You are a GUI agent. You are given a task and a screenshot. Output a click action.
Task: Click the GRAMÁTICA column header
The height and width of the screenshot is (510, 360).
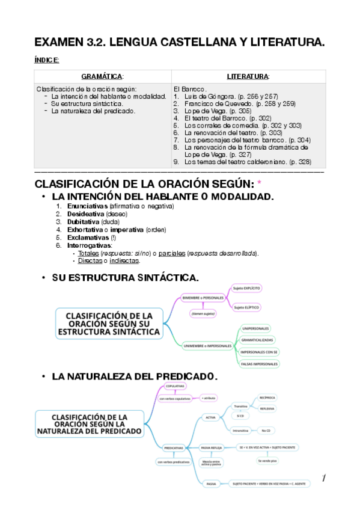pyautogui.click(x=102, y=76)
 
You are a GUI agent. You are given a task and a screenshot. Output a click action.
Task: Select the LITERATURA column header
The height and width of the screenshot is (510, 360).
pyautogui.click(x=248, y=76)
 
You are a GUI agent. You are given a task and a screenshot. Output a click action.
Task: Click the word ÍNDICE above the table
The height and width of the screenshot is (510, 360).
pyautogui.click(x=47, y=60)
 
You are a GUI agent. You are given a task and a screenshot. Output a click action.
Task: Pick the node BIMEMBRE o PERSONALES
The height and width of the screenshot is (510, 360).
pyautogui.click(x=203, y=298)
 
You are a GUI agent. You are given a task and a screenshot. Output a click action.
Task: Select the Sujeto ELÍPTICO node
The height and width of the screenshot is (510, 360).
pyautogui.click(x=246, y=307)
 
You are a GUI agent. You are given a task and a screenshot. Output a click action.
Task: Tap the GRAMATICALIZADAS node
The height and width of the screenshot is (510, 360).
pyautogui.click(x=257, y=340)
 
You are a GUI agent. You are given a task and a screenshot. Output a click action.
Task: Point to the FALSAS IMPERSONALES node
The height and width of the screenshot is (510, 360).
pyautogui.click(x=259, y=364)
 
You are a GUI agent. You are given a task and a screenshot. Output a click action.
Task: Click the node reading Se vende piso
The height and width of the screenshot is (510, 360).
pyautogui.click(x=267, y=461)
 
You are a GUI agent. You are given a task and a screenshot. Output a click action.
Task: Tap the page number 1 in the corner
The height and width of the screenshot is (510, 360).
pyautogui.click(x=323, y=478)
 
